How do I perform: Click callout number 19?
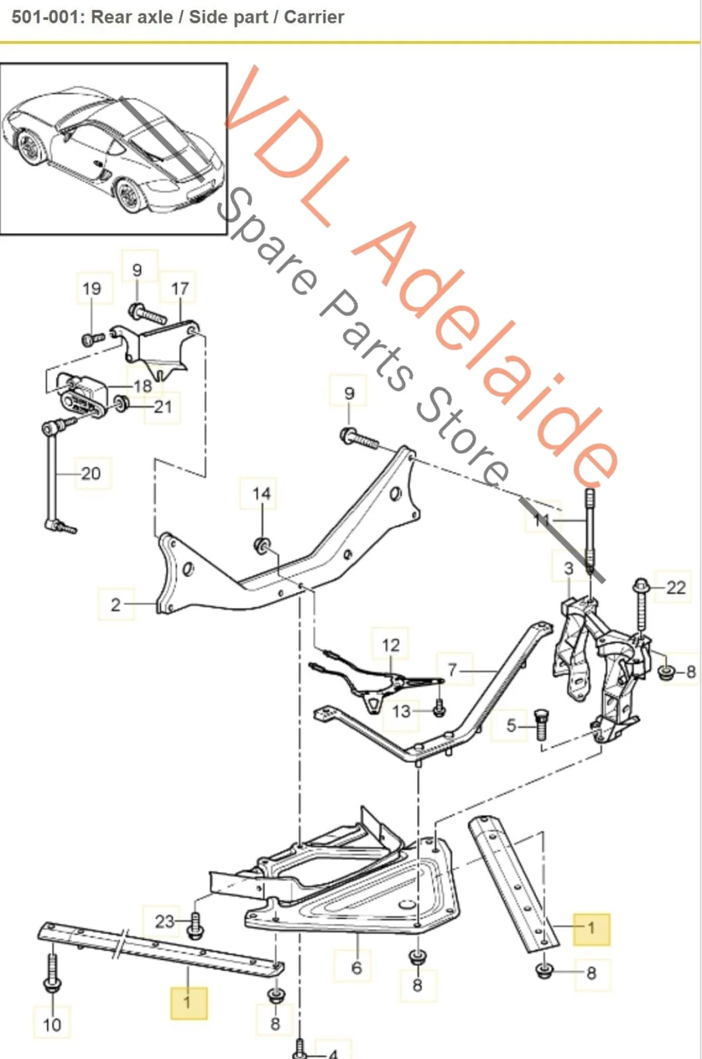92,288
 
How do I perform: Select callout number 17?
179,288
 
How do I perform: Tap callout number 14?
261,494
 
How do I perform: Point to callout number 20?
91,473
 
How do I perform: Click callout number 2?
116,604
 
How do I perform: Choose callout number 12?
390,645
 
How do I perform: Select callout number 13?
401,711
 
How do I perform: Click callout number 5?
511,725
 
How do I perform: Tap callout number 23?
165,921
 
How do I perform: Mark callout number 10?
52,1024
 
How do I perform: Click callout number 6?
356,968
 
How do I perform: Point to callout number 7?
452,670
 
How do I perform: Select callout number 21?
162,407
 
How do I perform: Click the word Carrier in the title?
314,17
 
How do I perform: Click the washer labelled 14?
262,545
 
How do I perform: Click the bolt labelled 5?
541,725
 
